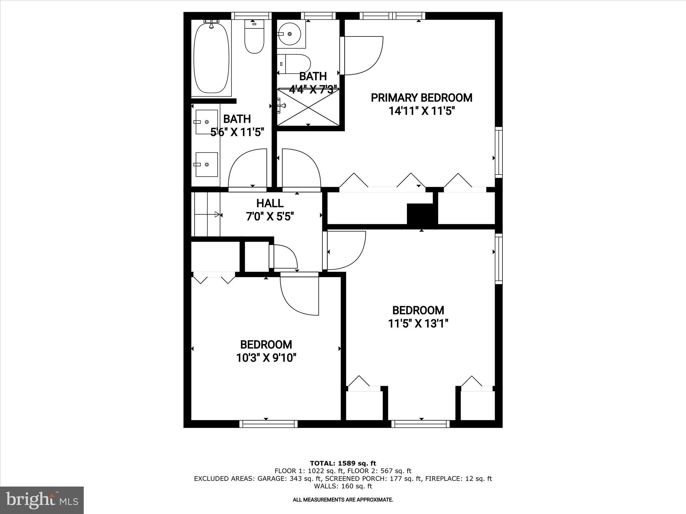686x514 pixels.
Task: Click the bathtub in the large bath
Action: (x=211, y=58)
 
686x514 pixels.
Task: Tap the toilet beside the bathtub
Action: (x=254, y=37)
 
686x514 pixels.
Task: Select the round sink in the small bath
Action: (x=289, y=34)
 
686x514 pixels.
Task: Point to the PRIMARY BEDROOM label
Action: (x=421, y=98)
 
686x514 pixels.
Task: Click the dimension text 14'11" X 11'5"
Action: (x=421, y=111)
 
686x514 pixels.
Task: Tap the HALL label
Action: (x=270, y=203)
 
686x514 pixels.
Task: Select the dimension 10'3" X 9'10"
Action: (x=266, y=358)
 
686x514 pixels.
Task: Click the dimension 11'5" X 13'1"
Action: (x=418, y=324)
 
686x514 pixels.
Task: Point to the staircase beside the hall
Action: (x=206, y=214)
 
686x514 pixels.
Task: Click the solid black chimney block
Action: (x=422, y=214)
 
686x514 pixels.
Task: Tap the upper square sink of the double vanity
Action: (x=207, y=122)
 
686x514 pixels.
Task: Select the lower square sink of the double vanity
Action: (x=207, y=164)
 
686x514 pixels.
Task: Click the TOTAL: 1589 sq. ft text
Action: (x=343, y=463)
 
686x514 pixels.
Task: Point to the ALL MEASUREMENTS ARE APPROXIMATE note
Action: (x=343, y=500)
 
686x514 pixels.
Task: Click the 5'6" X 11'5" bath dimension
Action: (x=237, y=133)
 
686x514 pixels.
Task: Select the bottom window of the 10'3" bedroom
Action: (x=269, y=424)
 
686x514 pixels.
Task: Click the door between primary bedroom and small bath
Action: (x=362, y=56)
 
